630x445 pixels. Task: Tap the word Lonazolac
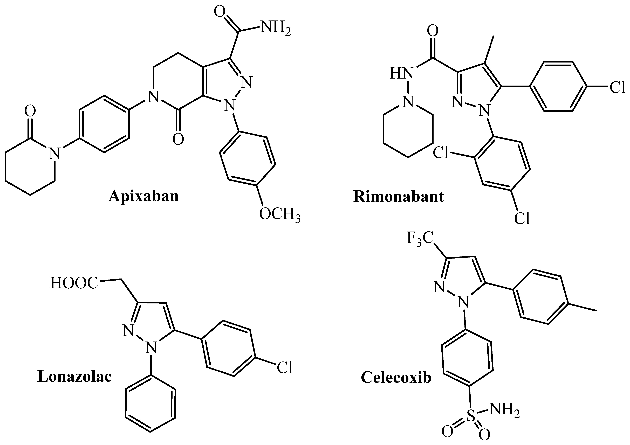pos(75,376)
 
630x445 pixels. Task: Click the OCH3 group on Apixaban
pos(279,214)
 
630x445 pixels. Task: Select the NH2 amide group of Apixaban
pos(275,28)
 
